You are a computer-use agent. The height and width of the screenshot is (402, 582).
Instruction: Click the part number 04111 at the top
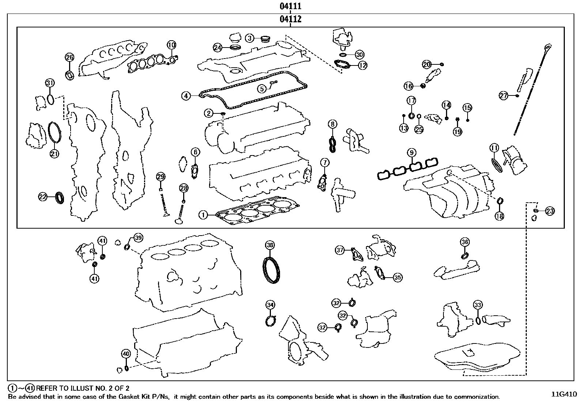pos(291,6)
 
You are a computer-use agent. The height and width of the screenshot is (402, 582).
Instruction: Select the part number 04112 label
pos(291,19)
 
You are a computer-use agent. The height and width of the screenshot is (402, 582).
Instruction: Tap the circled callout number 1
pos(203,215)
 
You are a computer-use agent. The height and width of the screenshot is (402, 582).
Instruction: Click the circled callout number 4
pos(186,96)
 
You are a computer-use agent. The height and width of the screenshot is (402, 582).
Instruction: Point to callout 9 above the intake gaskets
pos(411,152)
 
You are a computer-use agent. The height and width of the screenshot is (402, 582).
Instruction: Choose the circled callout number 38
pos(270,245)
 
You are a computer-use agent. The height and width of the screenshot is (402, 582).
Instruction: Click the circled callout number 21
pos(54,154)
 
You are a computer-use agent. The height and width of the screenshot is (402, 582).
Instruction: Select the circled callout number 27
pos(504,96)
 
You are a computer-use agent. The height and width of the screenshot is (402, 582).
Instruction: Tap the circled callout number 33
pos(477,305)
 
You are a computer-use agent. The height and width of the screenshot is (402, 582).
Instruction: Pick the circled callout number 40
pos(126,354)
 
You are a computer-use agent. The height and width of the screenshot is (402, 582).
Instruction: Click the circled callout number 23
pos(549,211)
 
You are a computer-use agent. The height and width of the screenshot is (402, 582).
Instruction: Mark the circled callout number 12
pos(362,65)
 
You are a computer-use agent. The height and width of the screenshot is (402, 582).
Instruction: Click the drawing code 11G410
pos(564,394)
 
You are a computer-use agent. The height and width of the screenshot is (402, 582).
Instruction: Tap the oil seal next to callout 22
pos(61,197)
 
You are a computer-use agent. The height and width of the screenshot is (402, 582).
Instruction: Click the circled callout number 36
pos(465,242)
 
